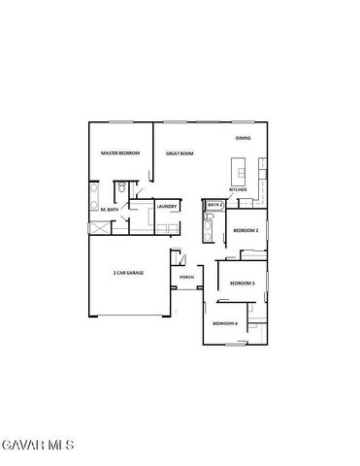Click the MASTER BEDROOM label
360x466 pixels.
tap(121, 152)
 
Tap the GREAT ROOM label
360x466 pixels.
tap(180, 152)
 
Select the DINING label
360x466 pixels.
tap(243, 138)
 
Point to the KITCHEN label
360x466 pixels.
tap(238, 189)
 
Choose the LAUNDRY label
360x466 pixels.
tap(166, 205)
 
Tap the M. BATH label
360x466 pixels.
tap(110, 210)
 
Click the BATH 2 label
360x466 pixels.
tap(214, 205)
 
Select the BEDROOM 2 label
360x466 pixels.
tap(245, 230)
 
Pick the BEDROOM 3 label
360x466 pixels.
tap(242, 283)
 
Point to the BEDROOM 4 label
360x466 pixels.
tap(225, 322)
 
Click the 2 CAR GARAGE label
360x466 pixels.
tap(128, 273)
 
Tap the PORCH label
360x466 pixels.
tap(186, 277)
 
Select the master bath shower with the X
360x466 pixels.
tap(100, 228)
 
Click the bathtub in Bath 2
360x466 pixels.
tap(207, 231)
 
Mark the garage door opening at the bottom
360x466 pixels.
tap(130, 316)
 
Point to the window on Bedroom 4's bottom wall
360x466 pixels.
tap(237, 345)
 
